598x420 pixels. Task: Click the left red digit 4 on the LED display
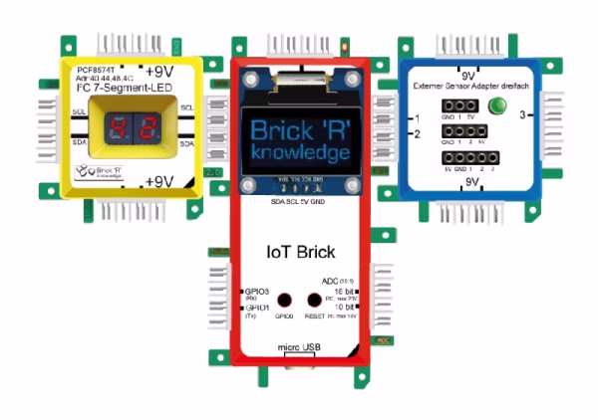118,127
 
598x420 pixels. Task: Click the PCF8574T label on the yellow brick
97,71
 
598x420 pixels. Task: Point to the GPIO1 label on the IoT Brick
255,309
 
